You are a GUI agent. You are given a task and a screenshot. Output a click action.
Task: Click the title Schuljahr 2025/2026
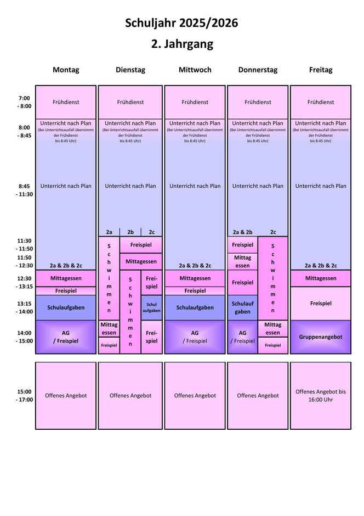click(181, 23)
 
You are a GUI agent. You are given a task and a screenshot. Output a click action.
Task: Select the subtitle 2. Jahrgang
click(181, 44)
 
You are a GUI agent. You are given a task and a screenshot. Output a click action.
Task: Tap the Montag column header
click(66, 70)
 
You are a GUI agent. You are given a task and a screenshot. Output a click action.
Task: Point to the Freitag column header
click(321, 70)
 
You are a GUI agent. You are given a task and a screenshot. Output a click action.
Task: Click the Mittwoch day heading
click(195, 70)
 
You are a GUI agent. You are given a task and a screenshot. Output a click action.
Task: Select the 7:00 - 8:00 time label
click(24, 102)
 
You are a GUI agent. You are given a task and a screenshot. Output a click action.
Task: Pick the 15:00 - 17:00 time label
click(24, 395)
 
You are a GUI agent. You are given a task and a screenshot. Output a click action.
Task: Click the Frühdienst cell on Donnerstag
click(258, 102)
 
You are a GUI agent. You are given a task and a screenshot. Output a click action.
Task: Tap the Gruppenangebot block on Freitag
click(321, 336)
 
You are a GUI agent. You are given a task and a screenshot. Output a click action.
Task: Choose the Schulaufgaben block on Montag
click(66, 307)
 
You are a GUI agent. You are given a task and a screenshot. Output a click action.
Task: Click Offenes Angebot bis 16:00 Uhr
click(321, 395)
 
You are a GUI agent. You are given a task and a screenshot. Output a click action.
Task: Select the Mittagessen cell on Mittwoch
click(195, 278)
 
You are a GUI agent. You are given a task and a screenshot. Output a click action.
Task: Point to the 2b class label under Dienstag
click(130, 232)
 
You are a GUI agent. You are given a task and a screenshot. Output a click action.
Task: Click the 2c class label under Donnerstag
click(273, 232)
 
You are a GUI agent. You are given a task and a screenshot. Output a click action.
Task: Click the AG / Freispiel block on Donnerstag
click(242, 336)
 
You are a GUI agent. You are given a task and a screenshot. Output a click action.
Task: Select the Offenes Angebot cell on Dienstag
click(130, 395)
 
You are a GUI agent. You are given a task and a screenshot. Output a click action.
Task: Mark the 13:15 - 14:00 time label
click(24, 307)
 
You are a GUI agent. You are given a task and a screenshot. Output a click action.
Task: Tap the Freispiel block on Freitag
click(321, 303)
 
